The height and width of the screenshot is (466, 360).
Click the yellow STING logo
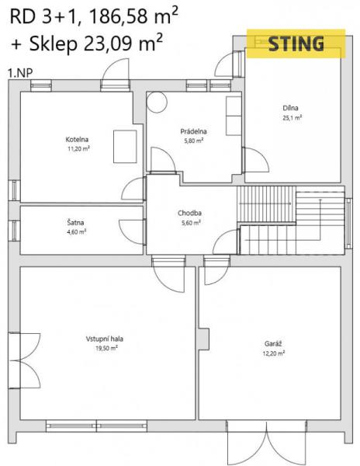296,43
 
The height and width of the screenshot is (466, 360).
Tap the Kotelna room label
77,139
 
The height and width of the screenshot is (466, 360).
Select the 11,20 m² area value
78,148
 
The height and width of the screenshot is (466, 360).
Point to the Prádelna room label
193,131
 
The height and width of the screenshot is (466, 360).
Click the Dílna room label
290,108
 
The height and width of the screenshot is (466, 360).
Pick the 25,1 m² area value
292,117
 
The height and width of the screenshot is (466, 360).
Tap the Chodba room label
189,213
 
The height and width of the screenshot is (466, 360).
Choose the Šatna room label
75,222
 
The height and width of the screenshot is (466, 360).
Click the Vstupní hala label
105,339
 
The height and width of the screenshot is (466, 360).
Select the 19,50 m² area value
106,348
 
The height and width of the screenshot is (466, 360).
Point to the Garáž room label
273,344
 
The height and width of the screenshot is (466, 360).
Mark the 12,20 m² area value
274,353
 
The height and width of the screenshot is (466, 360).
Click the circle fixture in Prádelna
157,102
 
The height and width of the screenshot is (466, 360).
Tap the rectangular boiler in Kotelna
125,147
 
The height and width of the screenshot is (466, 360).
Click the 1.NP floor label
20,73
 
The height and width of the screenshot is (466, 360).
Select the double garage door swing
266,443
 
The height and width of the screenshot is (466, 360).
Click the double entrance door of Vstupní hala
25,360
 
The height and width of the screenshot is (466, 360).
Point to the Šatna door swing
132,232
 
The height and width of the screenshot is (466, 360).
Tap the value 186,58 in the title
118,17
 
